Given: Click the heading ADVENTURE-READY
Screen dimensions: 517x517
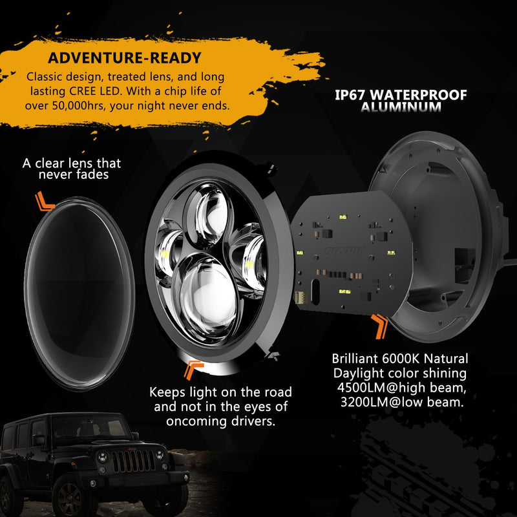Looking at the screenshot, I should point(125,58).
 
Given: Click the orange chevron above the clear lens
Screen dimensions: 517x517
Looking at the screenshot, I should point(45,202).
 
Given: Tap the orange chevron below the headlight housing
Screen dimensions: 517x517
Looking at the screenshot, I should point(193,370).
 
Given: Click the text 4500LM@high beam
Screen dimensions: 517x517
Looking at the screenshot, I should point(401,388).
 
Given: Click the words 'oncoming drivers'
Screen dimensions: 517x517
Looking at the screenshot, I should point(222,421).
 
